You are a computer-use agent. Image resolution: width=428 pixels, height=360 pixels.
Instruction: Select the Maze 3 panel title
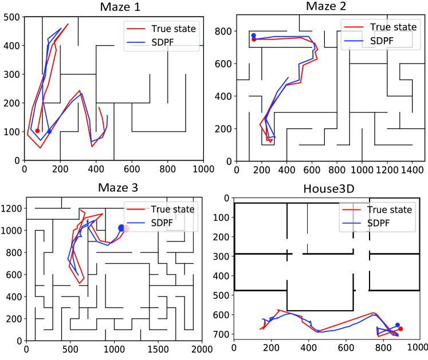coord(113,187)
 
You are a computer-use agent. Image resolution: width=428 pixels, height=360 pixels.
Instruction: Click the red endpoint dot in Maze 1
coord(38,131)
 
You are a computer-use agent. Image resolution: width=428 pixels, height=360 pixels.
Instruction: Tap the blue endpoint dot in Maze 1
coord(49,131)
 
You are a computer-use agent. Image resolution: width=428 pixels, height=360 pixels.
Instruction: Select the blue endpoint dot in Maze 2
coord(253,35)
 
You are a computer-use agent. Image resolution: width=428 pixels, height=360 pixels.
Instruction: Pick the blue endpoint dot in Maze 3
coord(121,228)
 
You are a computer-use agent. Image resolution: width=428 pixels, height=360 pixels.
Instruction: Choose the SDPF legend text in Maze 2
coord(382,41)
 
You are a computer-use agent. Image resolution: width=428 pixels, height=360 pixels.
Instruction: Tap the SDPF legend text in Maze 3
coord(163,222)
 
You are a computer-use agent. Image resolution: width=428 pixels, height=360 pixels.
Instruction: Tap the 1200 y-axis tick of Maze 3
coord(11,209)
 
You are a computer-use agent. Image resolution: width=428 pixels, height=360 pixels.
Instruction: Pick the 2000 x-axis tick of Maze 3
coord(202,348)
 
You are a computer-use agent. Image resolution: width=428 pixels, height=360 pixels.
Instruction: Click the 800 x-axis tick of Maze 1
coord(168,169)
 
